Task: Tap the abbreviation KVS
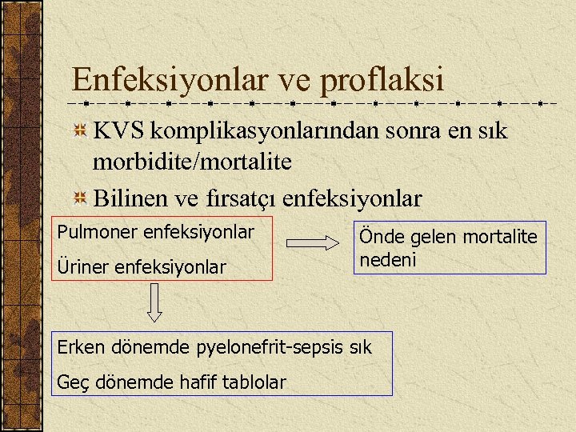[x=118, y=130]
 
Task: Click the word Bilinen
[x=131, y=197]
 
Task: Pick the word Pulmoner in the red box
[x=96, y=233]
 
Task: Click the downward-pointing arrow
[x=155, y=304]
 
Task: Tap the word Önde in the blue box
[x=378, y=236]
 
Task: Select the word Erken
[x=79, y=349]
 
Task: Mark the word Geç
[x=71, y=383]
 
